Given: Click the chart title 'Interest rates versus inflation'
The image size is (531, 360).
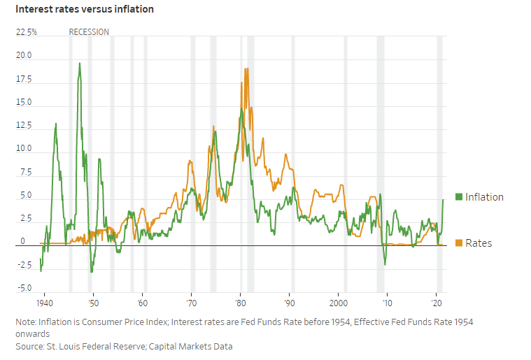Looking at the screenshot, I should (x=84, y=10).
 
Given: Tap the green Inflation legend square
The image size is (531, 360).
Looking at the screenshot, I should (x=459, y=197).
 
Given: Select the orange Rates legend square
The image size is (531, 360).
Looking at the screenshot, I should (x=459, y=243).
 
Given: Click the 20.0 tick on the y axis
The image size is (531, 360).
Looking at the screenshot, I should (x=24, y=56).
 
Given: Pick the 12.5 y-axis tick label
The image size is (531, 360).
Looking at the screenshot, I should (x=24, y=126).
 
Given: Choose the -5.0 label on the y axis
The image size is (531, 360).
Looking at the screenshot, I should (x=24, y=288).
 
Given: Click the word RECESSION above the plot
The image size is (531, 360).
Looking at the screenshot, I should (x=89, y=32).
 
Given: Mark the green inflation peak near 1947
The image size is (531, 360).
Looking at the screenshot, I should (x=79, y=64).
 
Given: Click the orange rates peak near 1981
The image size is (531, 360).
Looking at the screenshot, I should (x=246, y=69).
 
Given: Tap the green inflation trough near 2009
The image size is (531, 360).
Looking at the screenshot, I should (x=385, y=264).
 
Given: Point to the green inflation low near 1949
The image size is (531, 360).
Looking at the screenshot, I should (x=91, y=271).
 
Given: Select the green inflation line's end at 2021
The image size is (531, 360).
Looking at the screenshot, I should (x=444, y=200).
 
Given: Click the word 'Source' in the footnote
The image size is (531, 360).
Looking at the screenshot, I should (x=30, y=346).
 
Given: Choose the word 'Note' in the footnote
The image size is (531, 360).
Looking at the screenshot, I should (x=26, y=322).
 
